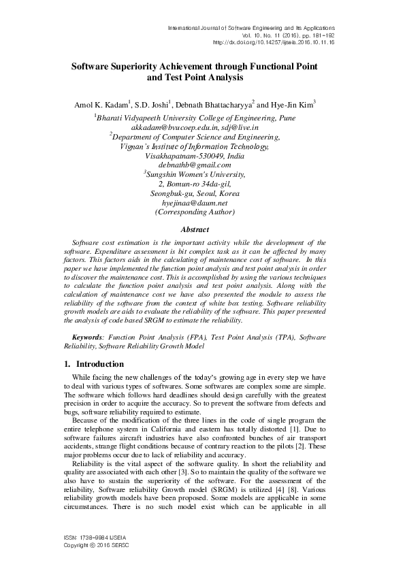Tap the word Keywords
[88, 337]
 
